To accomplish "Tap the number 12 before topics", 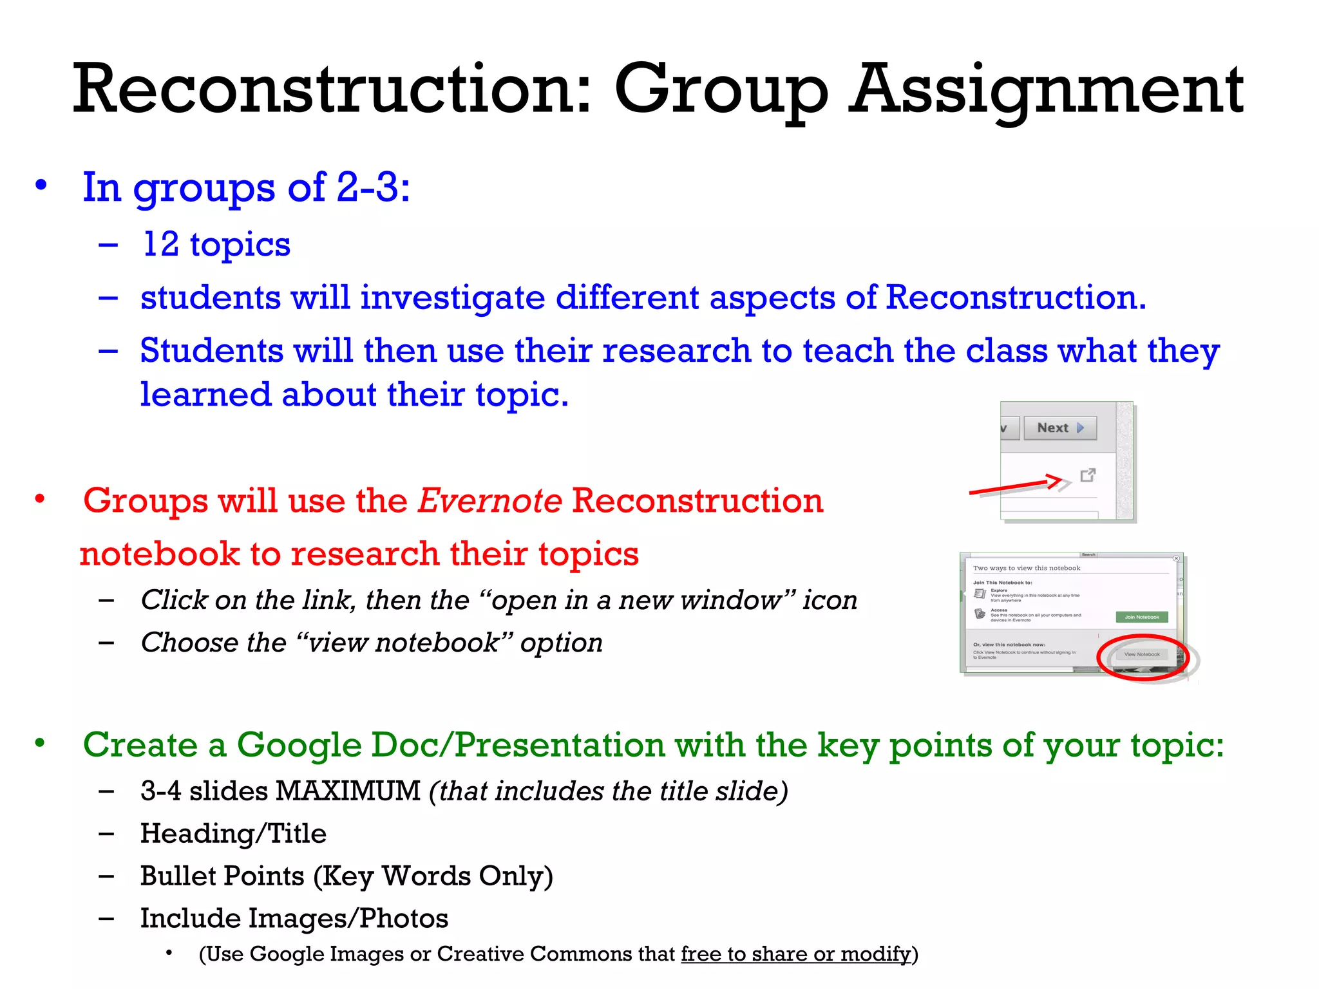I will click(x=160, y=245).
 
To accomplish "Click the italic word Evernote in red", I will click(x=489, y=501).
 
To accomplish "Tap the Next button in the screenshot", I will click(x=1059, y=428).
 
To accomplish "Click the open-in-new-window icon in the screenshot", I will click(x=1088, y=475).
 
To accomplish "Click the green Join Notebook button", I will click(x=1141, y=617).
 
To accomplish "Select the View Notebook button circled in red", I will click(x=1142, y=655).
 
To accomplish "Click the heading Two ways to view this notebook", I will click(x=1027, y=568).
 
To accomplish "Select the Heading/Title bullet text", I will click(x=233, y=834).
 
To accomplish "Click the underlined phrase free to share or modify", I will click(x=796, y=954).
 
